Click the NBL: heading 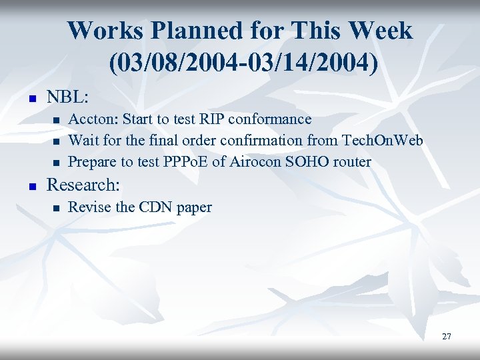67,97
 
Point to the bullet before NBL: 28,99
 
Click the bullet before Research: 28,186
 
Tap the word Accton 91,120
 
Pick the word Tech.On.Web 382,141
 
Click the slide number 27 446,337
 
